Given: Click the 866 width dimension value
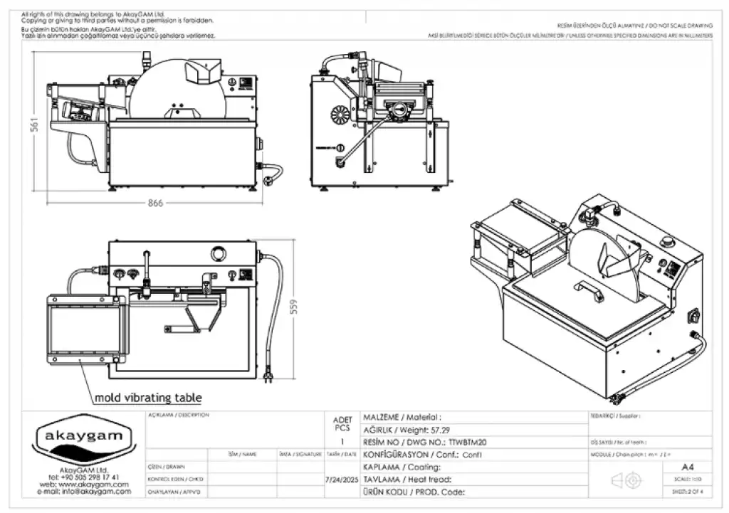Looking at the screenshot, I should (155, 203).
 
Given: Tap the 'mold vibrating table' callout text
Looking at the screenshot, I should (148, 398).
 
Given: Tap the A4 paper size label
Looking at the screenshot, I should (688, 467).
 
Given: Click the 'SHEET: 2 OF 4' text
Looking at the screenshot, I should (688, 492).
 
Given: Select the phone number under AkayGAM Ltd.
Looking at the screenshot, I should (83, 477).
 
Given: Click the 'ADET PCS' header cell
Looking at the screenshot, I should (342, 423).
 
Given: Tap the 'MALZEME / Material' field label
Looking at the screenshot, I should (402, 417).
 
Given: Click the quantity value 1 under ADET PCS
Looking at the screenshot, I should (342, 442).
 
